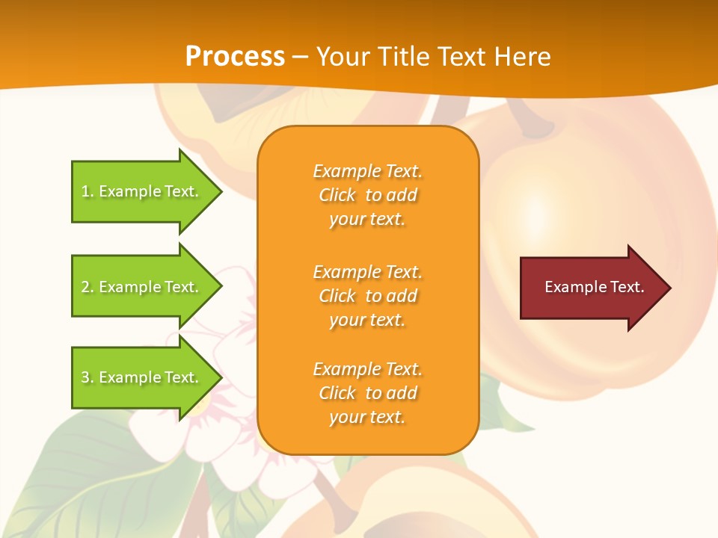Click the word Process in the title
coord(235,57)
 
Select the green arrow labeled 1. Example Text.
coord(142,191)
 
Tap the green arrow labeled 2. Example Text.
coord(142,287)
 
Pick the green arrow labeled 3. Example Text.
coord(142,377)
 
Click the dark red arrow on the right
coord(591,287)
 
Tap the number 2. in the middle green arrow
coord(88,287)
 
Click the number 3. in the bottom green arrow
coord(88,377)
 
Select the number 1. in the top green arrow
coord(88,191)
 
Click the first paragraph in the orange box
coord(367,195)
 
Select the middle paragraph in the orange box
coord(367,296)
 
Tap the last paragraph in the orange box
coord(367,393)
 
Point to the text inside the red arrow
coord(594,287)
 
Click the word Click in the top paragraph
coord(337,195)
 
